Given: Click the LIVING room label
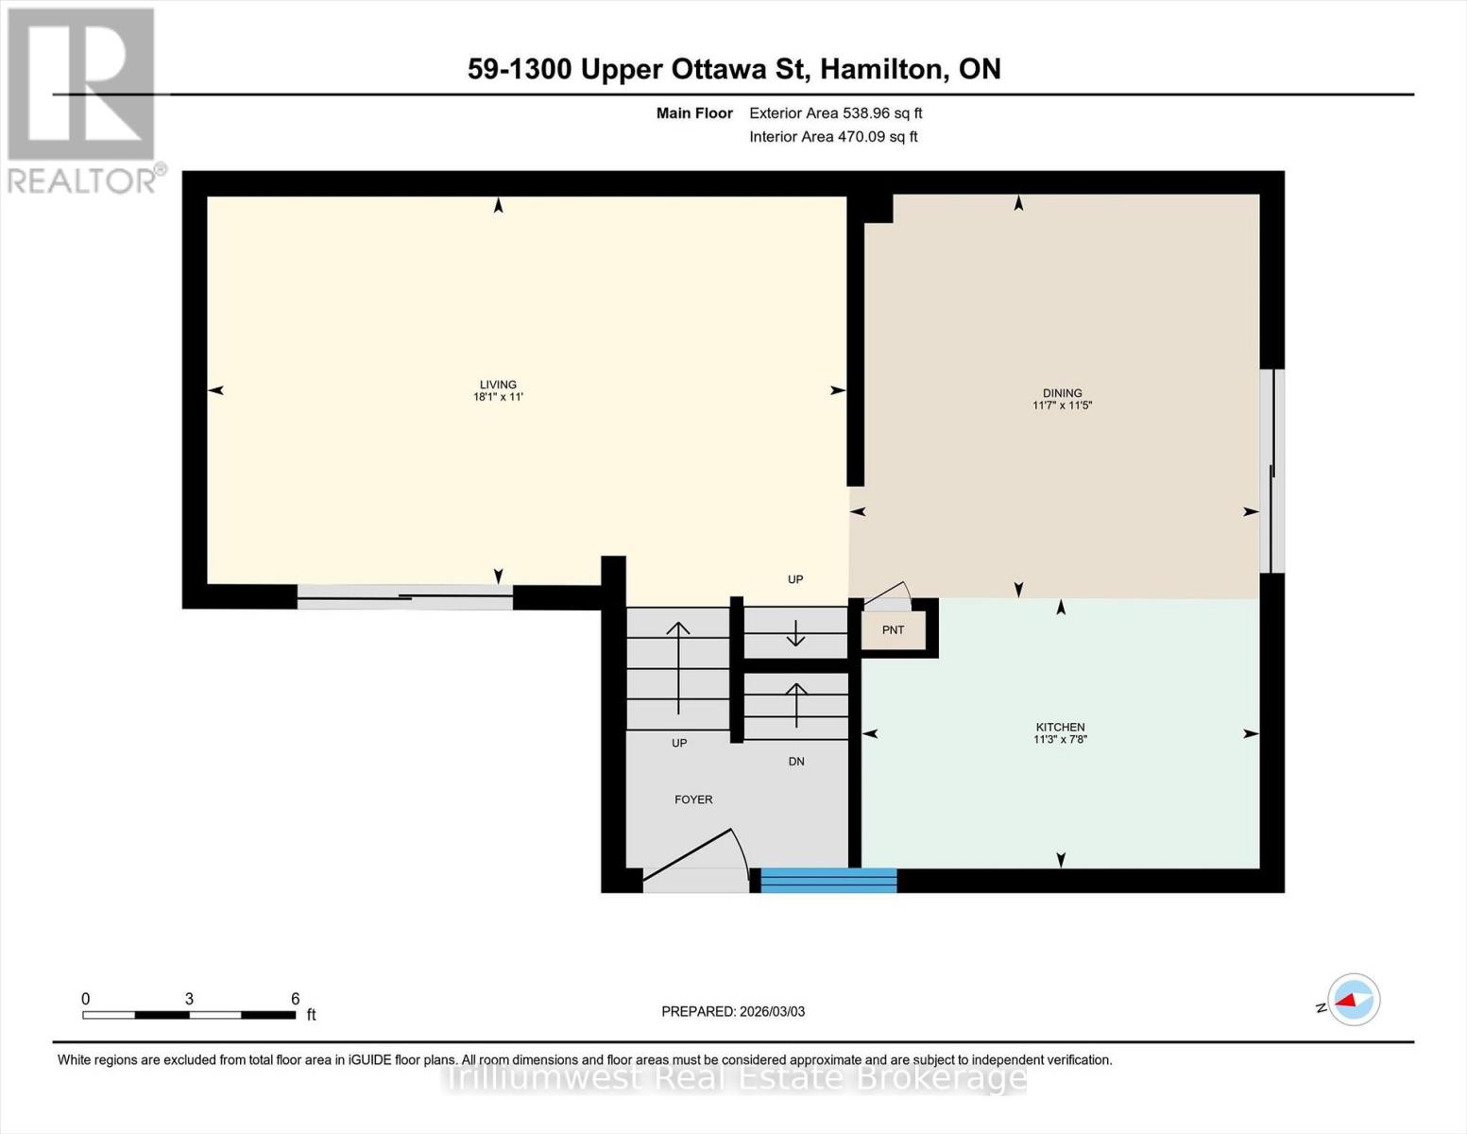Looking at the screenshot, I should (x=498, y=385).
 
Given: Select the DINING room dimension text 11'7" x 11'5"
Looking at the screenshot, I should (x=1062, y=405).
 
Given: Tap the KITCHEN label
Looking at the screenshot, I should (x=1060, y=727).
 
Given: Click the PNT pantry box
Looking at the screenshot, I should (x=893, y=630).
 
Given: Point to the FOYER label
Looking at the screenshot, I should (x=693, y=799).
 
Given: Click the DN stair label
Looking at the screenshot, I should (x=796, y=761).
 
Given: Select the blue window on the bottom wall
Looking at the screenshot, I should (x=828, y=880).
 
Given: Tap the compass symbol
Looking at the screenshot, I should (x=1353, y=1000).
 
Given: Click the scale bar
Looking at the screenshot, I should (x=189, y=1015).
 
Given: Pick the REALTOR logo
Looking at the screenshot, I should (x=83, y=99).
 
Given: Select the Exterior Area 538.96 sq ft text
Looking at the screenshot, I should (x=835, y=113).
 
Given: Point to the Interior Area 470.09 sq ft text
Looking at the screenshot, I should (x=833, y=137).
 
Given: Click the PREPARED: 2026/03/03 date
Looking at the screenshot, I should (x=733, y=1011).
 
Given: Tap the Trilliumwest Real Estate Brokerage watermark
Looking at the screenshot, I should (x=735, y=1077).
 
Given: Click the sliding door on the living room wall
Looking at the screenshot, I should (x=404, y=596).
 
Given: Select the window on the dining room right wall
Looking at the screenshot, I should (x=1272, y=471).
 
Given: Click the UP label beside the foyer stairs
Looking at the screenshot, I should (x=679, y=743).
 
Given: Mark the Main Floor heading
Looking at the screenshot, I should (x=694, y=113).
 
